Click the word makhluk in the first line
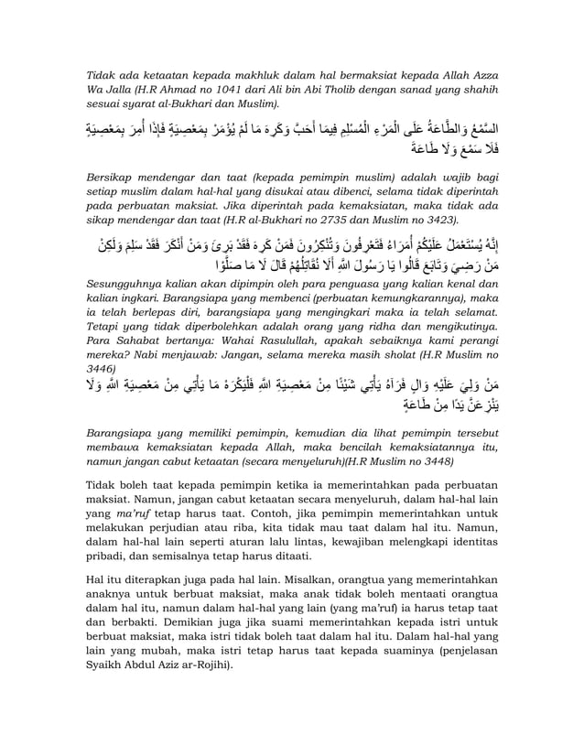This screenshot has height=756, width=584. point(248,72)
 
